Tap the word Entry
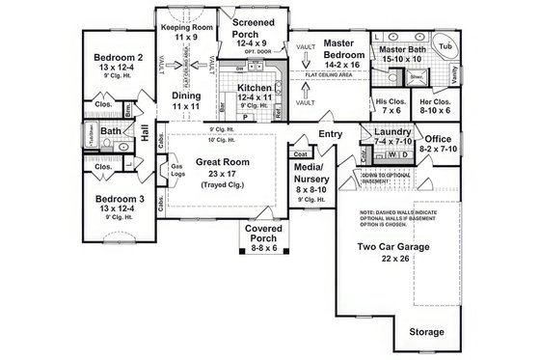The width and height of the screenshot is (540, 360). click(332, 134)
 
